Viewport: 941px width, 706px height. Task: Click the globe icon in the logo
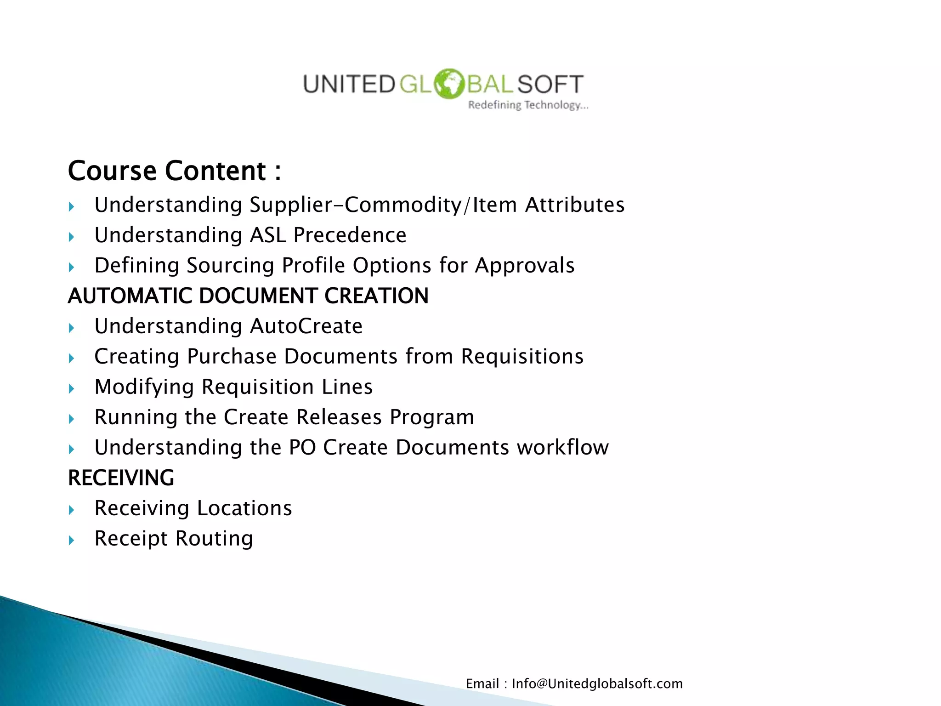point(449,84)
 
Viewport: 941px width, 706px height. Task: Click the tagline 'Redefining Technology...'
point(528,105)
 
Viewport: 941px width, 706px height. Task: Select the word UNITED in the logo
point(348,85)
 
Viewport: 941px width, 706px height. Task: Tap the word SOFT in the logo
point(550,85)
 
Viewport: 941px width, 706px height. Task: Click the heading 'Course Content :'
point(174,171)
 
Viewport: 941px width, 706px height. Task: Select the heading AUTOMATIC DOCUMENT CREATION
point(248,296)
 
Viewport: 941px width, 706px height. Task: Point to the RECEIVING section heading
point(121,478)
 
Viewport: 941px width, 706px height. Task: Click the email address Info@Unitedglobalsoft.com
point(597,684)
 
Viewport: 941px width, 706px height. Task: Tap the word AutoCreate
point(306,326)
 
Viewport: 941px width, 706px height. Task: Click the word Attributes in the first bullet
point(574,205)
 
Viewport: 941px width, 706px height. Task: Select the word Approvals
point(524,266)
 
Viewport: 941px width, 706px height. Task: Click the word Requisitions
point(522,357)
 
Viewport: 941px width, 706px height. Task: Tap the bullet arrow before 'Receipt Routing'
point(71,540)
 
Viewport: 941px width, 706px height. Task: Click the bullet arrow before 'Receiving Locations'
point(71,510)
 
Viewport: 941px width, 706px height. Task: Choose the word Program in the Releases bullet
point(431,417)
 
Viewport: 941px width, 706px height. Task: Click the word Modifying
point(144,387)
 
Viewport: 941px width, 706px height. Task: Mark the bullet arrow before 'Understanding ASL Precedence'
point(71,237)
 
